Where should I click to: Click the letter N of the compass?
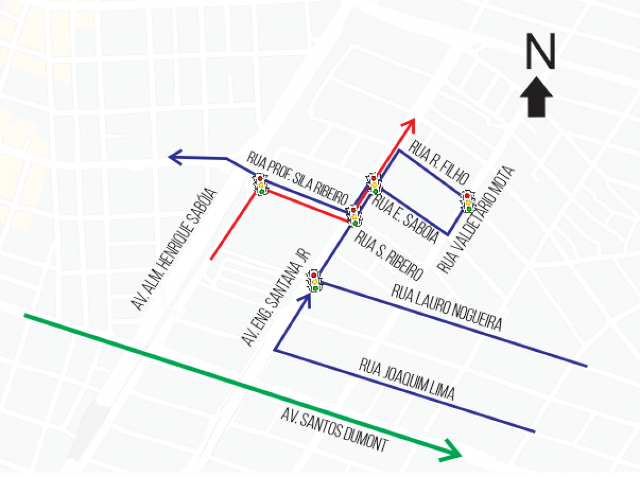coord(540,52)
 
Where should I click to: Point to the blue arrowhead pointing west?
coord(177,158)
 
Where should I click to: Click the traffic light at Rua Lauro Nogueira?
coord(315,280)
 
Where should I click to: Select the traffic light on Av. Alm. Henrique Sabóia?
coord(261,184)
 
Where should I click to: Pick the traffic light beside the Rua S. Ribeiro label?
coord(354,215)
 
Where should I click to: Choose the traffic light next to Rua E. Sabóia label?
coord(374,184)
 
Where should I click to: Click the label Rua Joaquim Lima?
coord(406,379)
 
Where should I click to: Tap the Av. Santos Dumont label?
coord(335,430)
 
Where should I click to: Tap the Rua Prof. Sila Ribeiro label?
coord(295,178)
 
